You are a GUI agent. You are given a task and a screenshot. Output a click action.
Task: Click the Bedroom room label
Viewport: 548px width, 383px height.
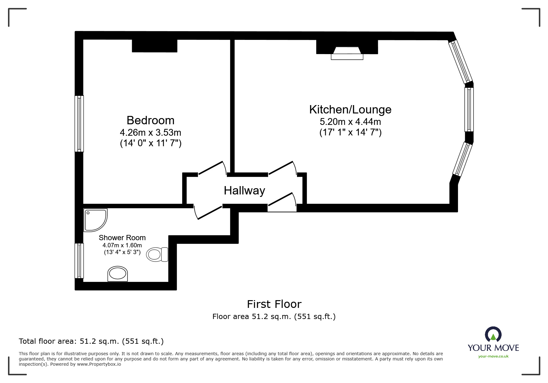pyautogui.click(x=150, y=120)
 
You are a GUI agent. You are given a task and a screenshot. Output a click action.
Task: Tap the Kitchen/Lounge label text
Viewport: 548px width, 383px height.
pyautogui.click(x=350, y=109)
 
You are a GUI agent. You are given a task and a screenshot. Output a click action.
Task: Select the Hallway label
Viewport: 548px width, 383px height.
pyautogui.click(x=244, y=190)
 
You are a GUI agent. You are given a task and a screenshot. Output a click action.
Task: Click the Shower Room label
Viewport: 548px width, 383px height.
pyautogui.click(x=122, y=238)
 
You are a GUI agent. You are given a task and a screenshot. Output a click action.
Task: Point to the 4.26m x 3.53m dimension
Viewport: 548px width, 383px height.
pyautogui.click(x=150, y=133)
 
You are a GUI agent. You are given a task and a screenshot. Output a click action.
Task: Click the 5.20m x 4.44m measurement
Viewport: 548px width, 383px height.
pyautogui.click(x=350, y=121)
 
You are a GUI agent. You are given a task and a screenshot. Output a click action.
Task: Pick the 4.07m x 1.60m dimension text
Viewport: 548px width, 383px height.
pyautogui.click(x=122, y=245)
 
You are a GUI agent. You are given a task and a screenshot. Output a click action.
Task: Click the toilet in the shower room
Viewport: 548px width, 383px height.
pyautogui.click(x=157, y=254)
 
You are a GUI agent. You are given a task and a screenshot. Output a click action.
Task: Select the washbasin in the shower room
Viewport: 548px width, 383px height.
pyautogui.click(x=118, y=274)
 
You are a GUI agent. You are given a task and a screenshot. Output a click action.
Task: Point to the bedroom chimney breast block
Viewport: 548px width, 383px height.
pyautogui.click(x=154, y=46)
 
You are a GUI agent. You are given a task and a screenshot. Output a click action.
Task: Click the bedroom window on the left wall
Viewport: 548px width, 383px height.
pyautogui.click(x=79, y=124)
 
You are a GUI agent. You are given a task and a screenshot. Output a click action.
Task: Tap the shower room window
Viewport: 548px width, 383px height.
pyautogui.click(x=79, y=261)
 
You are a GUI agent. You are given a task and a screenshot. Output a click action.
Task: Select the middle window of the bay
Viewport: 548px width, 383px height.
pyautogui.click(x=469, y=110)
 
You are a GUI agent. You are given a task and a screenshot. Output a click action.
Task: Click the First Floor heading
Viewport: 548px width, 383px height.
pyautogui.click(x=274, y=304)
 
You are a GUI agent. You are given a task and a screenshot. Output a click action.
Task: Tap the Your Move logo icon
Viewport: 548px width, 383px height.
pyautogui.click(x=493, y=335)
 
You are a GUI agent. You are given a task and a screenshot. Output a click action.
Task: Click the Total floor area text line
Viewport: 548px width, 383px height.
pyautogui.click(x=91, y=341)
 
